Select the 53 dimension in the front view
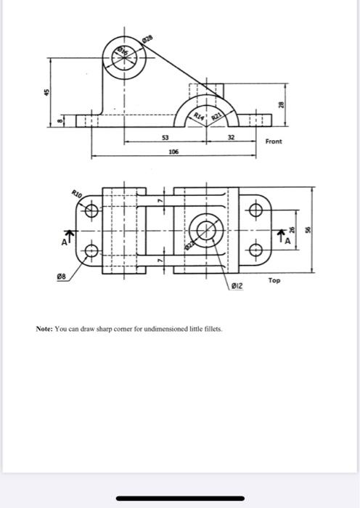coord(165,138)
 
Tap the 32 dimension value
coord(230,138)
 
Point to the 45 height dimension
coord(46,91)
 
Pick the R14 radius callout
coord(197,115)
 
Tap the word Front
coord(274,142)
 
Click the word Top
coord(274,279)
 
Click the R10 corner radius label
coord(77,192)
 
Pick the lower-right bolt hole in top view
coord(255,251)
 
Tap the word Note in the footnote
coord(45,329)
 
